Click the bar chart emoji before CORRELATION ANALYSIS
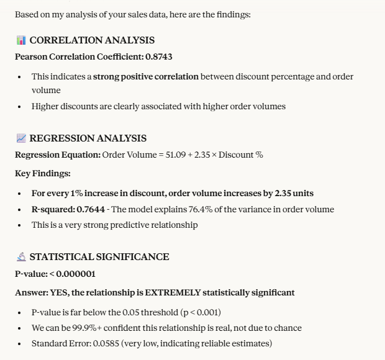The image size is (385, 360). coord(21,40)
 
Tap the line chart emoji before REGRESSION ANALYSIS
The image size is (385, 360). coord(21,138)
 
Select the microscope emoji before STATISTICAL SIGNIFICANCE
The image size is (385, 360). coord(21,257)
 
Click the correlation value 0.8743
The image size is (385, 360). coord(159,56)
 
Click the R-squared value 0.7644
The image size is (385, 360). coord(90,209)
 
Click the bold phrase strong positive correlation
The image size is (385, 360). coord(146,76)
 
